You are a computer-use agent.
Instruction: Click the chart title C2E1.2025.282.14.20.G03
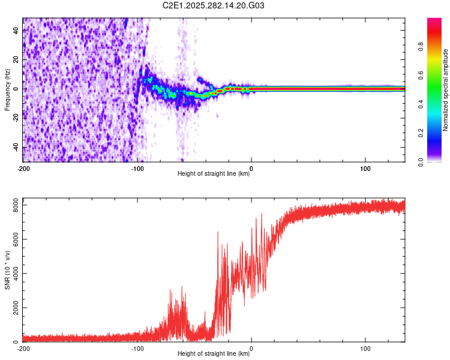click(214, 5)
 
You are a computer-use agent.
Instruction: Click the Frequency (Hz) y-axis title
click(7, 91)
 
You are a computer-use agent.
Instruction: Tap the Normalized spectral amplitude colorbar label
click(446, 91)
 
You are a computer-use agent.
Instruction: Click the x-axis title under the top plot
click(214, 174)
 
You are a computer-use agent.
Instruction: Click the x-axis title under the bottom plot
click(214, 354)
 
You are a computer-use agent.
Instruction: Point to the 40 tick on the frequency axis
click(15, 31)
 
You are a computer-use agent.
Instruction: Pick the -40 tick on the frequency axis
click(15, 148)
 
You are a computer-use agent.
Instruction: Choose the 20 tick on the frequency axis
click(15, 60)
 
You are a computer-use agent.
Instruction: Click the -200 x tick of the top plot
click(23, 169)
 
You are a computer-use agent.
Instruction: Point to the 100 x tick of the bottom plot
click(365, 349)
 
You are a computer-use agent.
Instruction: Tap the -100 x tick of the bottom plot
click(137, 349)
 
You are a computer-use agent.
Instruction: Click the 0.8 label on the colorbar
click(421, 47)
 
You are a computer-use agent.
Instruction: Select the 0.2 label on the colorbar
click(421, 133)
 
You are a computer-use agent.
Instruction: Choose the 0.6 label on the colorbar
click(421, 76)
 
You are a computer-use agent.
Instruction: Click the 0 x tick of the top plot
click(251, 169)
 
